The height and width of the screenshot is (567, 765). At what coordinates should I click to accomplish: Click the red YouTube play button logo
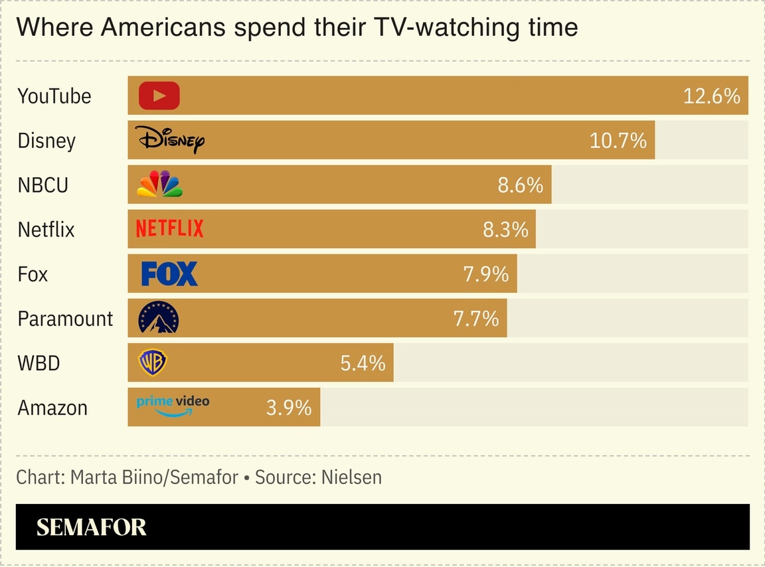[159, 96]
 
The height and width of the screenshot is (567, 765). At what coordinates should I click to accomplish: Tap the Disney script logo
[170, 139]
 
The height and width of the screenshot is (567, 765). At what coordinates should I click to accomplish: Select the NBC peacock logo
[159, 185]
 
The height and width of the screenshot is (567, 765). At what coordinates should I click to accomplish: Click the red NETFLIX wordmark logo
[169, 229]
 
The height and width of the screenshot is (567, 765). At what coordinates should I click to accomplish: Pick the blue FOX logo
[169, 274]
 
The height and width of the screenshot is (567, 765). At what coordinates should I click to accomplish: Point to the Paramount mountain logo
[158, 318]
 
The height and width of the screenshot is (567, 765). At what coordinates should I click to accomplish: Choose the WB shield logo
[152, 363]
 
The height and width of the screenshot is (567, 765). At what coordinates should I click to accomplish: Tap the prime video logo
[173, 405]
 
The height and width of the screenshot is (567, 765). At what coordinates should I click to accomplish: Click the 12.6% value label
[711, 96]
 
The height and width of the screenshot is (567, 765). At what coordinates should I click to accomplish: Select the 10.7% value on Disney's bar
[618, 141]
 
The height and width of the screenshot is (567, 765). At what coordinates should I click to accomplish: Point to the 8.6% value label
[521, 185]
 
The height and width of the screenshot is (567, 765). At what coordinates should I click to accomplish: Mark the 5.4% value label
[363, 363]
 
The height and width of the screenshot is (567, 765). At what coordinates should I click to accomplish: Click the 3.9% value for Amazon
[289, 408]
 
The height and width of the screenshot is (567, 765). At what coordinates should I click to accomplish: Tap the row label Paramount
[65, 319]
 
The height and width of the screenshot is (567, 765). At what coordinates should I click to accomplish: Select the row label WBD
[39, 364]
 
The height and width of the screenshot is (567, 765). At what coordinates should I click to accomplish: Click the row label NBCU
[42, 185]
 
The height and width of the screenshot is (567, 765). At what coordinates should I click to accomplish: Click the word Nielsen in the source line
[351, 477]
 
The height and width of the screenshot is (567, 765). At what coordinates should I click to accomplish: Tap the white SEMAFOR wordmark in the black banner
[91, 527]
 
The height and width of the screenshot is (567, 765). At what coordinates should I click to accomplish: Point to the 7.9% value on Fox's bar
[485, 274]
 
